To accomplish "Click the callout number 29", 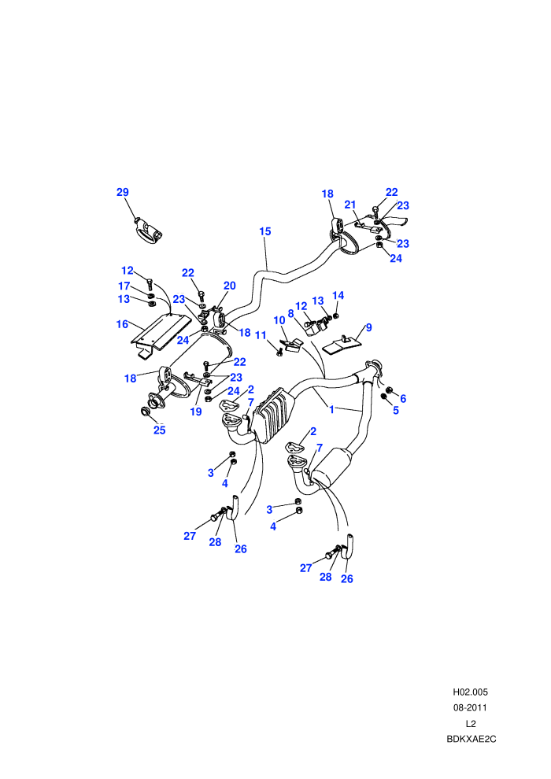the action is [x=123, y=192].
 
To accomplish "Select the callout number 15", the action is [x=264, y=231].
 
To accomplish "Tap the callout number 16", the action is [x=122, y=324].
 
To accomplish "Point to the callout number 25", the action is [x=160, y=430].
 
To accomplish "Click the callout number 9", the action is [x=368, y=327].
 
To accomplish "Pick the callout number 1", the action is [x=331, y=410].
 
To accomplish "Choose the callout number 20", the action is [x=229, y=286].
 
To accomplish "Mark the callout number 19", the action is [x=196, y=412].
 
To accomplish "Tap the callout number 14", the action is [x=338, y=296].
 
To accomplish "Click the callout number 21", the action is [x=350, y=205].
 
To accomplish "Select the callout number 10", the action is [x=279, y=320].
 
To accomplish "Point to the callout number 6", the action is [x=403, y=398].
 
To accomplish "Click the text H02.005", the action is [x=470, y=692].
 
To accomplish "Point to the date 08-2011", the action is [x=470, y=707].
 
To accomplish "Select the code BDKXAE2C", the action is [x=471, y=739].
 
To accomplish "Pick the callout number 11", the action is [x=261, y=335].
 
